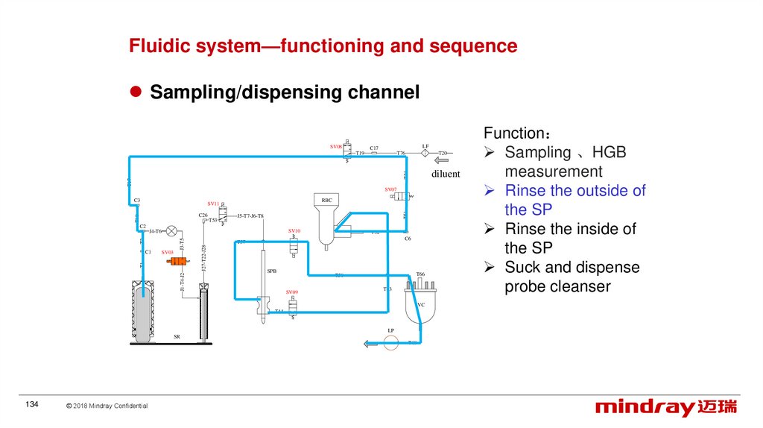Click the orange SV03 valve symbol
[x=177, y=261]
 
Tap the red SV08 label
[x=336, y=147]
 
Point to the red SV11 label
[x=213, y=204]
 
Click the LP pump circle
[x=391, y=342]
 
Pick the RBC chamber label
[x=326, y=200]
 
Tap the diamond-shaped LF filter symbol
[x=425, y=153]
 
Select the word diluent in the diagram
[x=446, y=174]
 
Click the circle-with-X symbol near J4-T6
[x=172, y=231]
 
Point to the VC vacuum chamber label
[x=421, y=304]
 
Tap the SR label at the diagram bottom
[x=177, y=337]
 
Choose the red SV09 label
[x=291, y=292]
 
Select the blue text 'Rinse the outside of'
[x=574, y=191]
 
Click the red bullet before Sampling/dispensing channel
[x=136, y=92]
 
